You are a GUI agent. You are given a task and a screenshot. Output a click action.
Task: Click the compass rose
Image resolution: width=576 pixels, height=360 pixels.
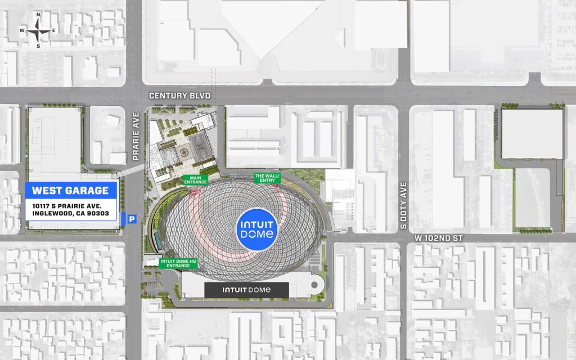tap(38, 30)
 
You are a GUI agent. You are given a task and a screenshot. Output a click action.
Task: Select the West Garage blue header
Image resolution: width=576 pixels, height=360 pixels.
tap(70, 190)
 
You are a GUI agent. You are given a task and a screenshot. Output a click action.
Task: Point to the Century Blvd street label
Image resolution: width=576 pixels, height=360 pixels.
tap(179, 96)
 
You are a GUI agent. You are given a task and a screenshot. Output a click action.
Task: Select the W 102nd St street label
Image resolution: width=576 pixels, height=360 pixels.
tap(439, 238)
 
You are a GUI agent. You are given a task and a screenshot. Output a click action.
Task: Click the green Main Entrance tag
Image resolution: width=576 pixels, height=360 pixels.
tap(196, 180)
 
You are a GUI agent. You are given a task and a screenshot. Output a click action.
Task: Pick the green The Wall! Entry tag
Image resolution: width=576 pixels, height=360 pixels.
tap(267, 178)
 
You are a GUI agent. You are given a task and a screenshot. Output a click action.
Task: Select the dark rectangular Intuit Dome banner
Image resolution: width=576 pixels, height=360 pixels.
tap(246, 290)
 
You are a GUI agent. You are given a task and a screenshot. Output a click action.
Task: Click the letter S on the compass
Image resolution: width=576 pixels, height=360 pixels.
tap(38, 46)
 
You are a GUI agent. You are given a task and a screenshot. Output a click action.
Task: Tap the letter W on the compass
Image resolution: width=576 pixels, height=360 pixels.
tap(22, 30)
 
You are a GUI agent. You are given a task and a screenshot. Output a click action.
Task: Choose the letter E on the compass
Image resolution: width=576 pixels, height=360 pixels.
tap(54, 30)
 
